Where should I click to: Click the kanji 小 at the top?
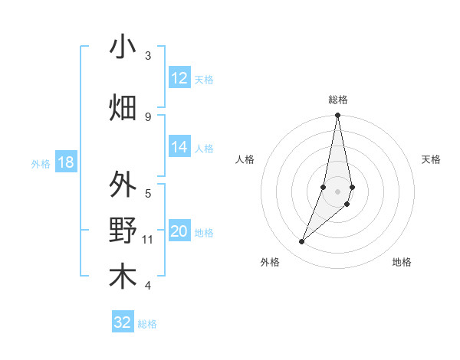click(123, 47)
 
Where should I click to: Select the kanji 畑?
click(123, 106)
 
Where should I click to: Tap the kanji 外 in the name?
click(123, 185)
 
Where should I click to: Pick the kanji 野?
click(123, 231)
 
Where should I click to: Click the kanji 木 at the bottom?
click(123, 277)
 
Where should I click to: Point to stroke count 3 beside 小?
click(148, 56)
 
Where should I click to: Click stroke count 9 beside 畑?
click(148, 116)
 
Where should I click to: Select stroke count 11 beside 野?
click(148, 240)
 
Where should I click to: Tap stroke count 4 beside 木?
click(148, 286)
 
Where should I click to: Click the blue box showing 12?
click(179, 78)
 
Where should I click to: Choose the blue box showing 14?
click(179, 147)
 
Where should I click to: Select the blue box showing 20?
click(179, 232)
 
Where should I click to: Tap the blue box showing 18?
click(65, 162)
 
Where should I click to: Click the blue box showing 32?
click(123, 322)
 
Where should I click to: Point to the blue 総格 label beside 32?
click(147, 324)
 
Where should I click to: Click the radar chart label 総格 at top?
click(338, 100)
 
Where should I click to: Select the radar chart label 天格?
click(432, 159)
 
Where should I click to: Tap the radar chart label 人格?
click(245, 159)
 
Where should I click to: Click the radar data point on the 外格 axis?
click(302, 242)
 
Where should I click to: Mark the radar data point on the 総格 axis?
click(337, 116)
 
